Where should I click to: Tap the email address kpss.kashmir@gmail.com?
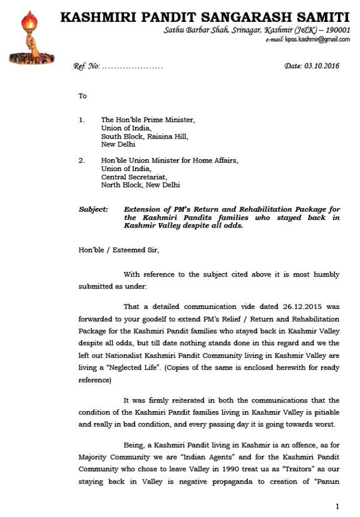tap(317, 39)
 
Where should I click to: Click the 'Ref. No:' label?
tap(86, 66)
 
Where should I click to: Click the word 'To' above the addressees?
tap(83, 97)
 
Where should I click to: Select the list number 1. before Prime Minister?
tap(82, 119)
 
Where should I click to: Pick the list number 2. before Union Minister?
tap(82, 160)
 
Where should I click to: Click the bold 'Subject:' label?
tap(93, 209)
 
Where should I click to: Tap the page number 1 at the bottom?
tap(337, 506)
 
